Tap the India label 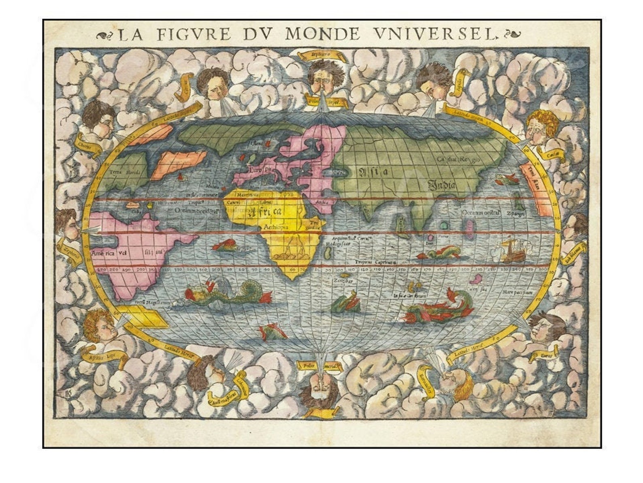(x=442, y=185)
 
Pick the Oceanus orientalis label (x=482, y=212)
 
